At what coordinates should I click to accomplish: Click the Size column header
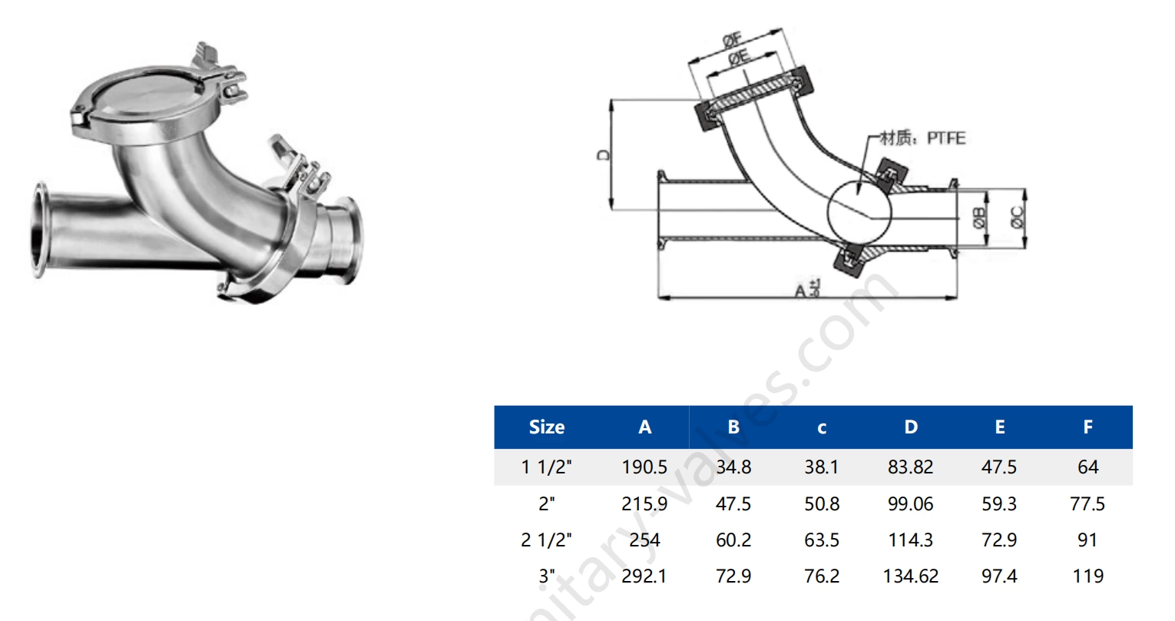point(546,427)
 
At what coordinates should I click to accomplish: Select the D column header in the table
point(910,427)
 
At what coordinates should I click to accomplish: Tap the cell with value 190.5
point(644,467)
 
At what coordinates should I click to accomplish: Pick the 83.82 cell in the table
point(910,467)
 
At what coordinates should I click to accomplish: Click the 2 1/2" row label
point(546,540)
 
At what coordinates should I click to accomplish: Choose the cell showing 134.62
point(910,576)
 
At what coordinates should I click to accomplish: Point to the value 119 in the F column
point(1087,576)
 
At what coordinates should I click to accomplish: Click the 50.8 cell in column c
point(821,504)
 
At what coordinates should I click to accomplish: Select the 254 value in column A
point(644,540)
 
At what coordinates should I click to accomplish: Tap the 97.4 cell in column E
point(998,576)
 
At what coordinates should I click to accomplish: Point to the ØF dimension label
point(731,40)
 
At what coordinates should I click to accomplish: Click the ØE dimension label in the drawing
point(739,57)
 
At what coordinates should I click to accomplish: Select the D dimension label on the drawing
point(604,154)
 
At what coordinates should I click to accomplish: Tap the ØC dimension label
point(1018,218)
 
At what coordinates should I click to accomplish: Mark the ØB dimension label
point(979,218)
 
